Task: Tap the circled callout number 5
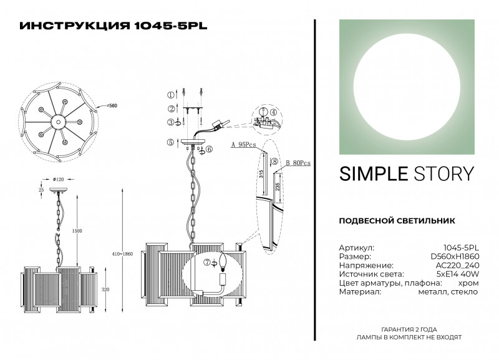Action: [x=170, y=143]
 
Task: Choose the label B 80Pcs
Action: [x=298, y=163]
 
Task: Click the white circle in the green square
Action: [x=405, y=87]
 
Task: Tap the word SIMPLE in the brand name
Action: [x=370, y=173]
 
